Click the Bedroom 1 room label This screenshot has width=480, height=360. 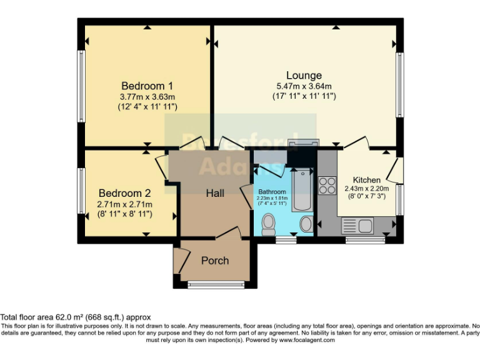point(147,86)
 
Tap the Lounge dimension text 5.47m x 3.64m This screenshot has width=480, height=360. point(304,86)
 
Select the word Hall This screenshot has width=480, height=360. point(216,193)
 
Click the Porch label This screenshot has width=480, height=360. point(215,260)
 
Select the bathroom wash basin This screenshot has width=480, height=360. point(306,224)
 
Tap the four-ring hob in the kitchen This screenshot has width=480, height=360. point(327,185)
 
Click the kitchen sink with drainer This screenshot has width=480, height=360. point(357,225)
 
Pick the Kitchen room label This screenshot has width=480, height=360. point(366,180)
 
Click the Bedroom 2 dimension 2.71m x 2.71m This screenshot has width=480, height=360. point(125,204)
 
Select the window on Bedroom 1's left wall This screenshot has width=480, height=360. point(81,86)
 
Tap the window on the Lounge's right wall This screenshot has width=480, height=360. point(400,84)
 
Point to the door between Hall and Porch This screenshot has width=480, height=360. point(228,233)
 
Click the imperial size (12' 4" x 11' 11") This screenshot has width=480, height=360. point(147,107)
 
